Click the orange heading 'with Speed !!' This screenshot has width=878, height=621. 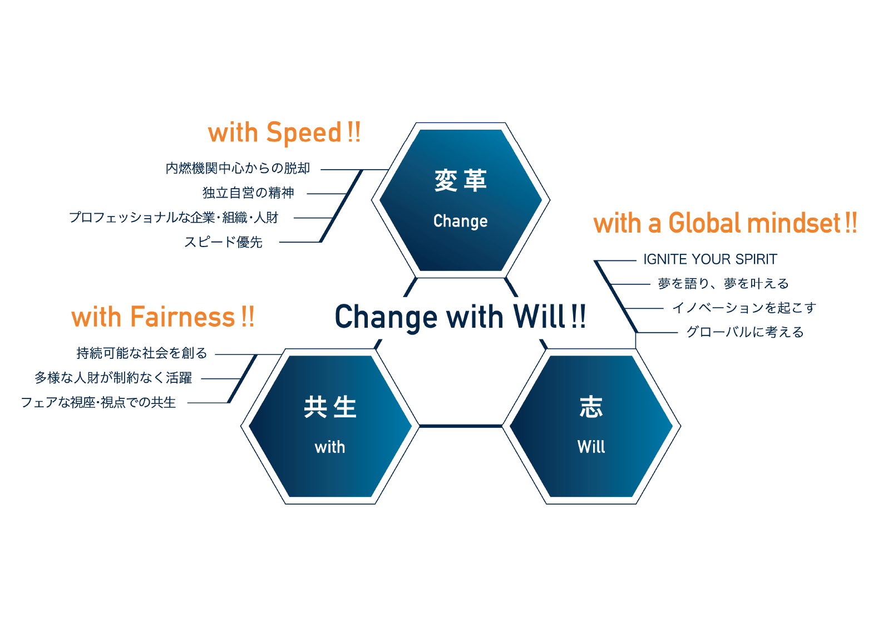(x=284, y=134)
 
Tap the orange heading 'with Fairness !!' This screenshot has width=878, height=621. (x=163, y=317)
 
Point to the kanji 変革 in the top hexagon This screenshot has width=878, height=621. (x=461, y=181)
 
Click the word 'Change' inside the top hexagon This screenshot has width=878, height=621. (x=461, y=221)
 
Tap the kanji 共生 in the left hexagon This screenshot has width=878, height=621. (x=330, y=407)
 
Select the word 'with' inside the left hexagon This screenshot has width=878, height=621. (x=330, y=447)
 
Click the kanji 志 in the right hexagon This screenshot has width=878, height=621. (x=591, y=407)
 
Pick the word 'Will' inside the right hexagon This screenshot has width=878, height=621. (x=591, y=447)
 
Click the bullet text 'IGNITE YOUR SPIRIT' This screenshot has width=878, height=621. (x=710, y=259)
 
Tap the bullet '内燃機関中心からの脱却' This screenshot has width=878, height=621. (x=238, y=168)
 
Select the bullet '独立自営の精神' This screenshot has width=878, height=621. (x=248, y=193)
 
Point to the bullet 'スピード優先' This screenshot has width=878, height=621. (x=224, y=242)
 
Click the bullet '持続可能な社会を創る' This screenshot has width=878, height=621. (x=142, y=353)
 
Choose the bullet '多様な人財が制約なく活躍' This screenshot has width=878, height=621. (x=114, y=378)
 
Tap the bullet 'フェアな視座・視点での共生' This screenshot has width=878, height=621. (x=98, y=403)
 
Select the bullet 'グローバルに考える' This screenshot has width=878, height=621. (x=744, y=332)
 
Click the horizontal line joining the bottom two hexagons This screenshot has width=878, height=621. (x=461, y=426)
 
